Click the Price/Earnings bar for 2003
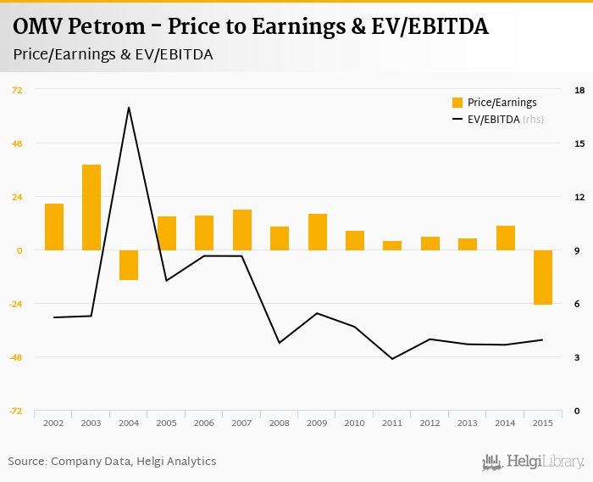point(91,207)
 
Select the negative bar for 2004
point(129,265)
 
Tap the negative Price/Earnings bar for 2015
point(543,277)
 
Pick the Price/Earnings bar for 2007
point(242,230)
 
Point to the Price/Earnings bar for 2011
point(392,245)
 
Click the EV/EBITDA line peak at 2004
point(129,108)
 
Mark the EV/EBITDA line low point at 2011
point(392,359)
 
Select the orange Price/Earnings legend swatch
point(457,103)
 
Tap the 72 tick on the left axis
point(17,89)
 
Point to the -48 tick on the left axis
point(15,357)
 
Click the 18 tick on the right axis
point(579,89)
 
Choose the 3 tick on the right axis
point(577,357)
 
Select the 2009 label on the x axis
point(317,423)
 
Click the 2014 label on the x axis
point(505,423)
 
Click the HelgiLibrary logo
point(534,462)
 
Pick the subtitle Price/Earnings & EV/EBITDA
point(113,54)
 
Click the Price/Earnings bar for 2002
point(54,227)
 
